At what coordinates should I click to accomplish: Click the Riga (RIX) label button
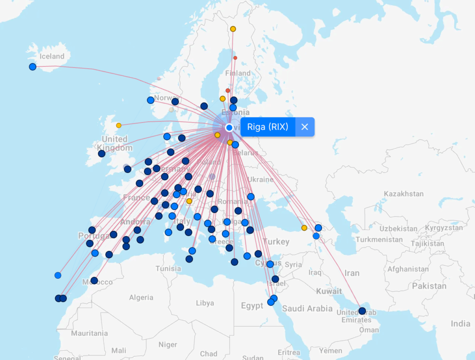coord(268,127)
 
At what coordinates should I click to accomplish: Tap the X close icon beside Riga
coord(305,127)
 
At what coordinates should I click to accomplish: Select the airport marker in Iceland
coord(32,67)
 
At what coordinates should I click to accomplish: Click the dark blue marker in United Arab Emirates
coord(362,311)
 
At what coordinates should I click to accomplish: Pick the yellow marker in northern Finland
coord(233,29)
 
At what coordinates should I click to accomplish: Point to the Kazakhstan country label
coord(404,193)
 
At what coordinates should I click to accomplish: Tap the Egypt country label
coord(252,306)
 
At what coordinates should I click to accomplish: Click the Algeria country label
coord(141,297)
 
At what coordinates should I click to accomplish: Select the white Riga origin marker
coord(229,128)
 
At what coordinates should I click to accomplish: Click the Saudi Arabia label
coord(307,309)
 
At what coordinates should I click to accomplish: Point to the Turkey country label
coord(276,242)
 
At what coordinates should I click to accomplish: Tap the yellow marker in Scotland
coord(119,125)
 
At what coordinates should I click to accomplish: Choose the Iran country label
coord(352,273)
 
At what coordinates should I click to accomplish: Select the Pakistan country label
coord(429,286)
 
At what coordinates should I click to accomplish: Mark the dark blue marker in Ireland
coord(102,154)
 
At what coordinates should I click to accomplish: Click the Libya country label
coord(205,303)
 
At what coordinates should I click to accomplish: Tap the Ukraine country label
coord(260,179)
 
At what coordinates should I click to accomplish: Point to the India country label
coord(460,323)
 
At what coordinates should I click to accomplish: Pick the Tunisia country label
coord(168,268)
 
